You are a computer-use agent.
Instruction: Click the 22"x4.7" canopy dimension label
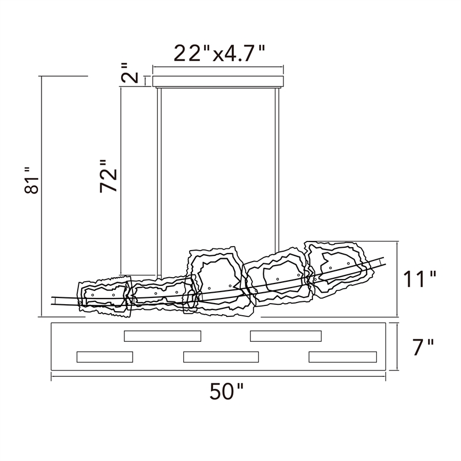coord(220,53)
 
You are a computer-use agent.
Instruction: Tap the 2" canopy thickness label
coord(129,73)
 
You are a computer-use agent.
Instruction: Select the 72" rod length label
coord(108,176)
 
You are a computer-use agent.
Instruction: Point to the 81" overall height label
coord(32,180)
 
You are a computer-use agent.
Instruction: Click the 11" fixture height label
coord(420,279)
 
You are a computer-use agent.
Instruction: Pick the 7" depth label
coord(424,347)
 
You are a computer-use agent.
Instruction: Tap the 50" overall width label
coord(226,391)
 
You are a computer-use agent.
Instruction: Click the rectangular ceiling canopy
coord(218,81)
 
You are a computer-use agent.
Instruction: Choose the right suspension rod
coord(277,170)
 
